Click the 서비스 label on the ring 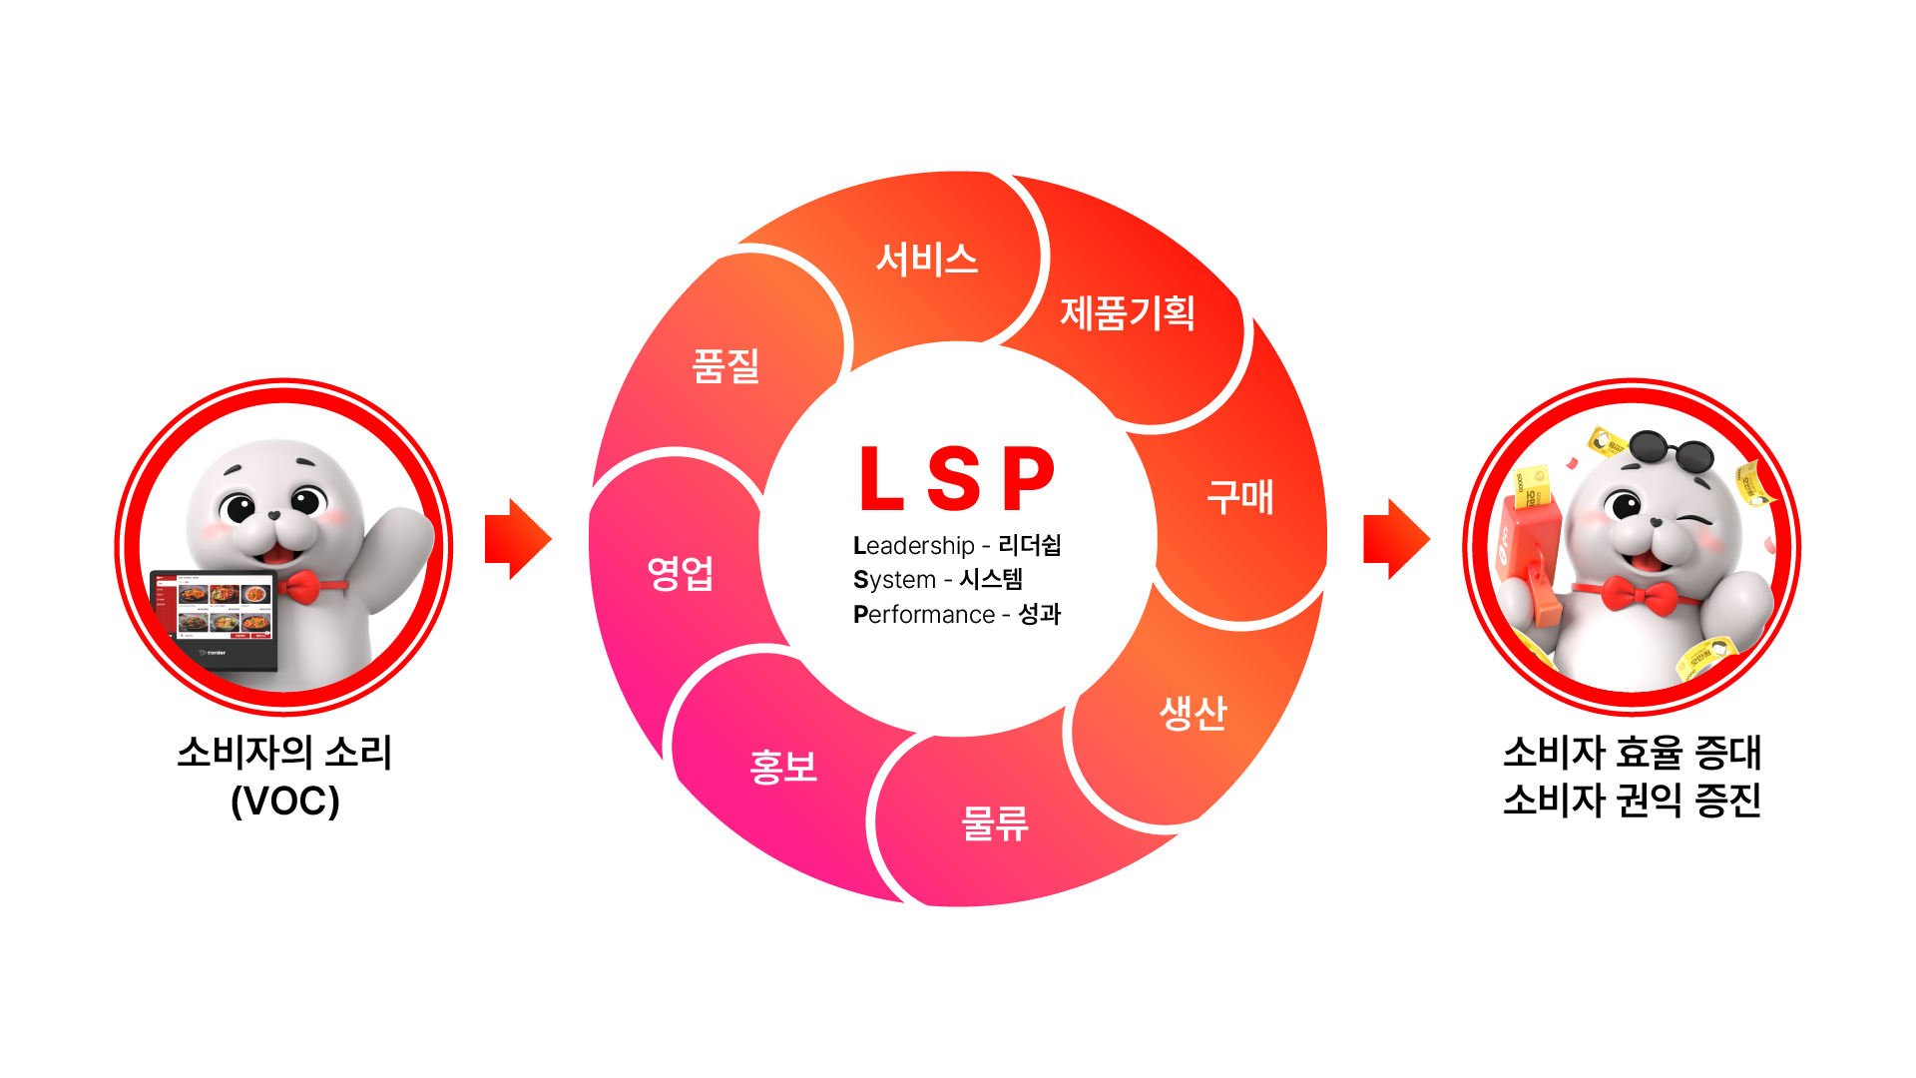[927, 260]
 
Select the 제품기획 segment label [1127, 313]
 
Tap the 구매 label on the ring [1240, 496]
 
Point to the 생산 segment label [1193, 713]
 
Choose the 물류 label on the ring [994, 823]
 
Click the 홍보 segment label [783, 767]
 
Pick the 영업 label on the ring [680, 573]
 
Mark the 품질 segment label [725, 365]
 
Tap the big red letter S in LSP [954, 478]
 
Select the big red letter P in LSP [1029, 478]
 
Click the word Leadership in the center [914, 546]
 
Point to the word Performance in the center [924, 615]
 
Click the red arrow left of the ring [517, 539]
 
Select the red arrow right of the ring [1396, 539]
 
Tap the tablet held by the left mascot [214, 619]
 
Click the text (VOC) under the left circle [285, 801]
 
